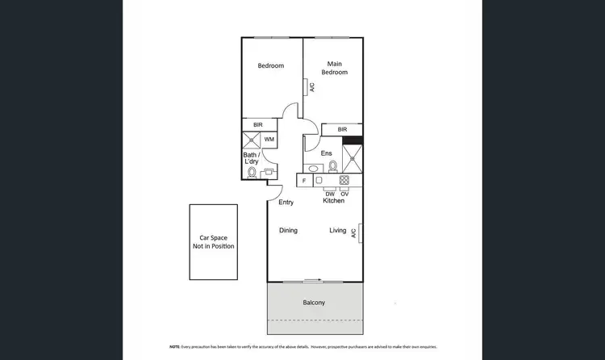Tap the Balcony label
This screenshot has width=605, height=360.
pos(314,303)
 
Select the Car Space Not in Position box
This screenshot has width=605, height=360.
pos(214,242)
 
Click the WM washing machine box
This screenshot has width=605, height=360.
pos(269,140)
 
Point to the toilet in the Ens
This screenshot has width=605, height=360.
pos(333,166)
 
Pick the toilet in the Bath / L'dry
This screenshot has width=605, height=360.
pos(251,172)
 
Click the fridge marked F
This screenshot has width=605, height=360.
pos(304,181)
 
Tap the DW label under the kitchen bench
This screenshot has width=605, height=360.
pos(329,194)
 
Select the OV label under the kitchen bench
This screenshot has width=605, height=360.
pos(344,194)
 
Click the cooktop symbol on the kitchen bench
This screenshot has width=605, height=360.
pos(344,180)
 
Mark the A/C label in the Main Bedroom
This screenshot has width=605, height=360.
pos(311,87)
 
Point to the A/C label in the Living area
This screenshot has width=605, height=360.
pos(353,232)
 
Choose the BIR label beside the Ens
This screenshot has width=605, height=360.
pos(342,129)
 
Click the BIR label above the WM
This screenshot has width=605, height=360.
pos(257,125)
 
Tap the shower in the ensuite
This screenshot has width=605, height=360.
pos(353,157)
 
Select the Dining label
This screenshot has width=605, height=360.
pos(288,231)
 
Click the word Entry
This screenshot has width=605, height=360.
pos(286,202)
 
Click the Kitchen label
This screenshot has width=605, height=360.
pos(334,200)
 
